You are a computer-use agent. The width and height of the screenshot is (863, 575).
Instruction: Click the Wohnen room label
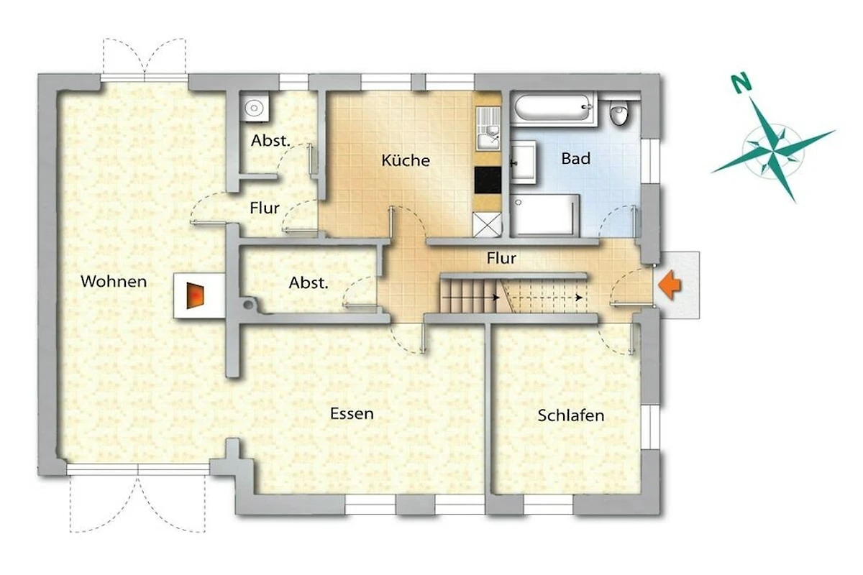click(114, 282)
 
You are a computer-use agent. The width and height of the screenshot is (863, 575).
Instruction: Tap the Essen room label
click(352, 413)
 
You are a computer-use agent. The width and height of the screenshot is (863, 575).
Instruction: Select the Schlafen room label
click(570, 415)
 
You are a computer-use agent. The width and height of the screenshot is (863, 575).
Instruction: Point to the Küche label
click(406, 160)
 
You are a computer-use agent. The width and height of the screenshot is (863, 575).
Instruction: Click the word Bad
click(575, 158)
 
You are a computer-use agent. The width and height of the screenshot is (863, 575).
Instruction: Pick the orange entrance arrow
click(670, 285)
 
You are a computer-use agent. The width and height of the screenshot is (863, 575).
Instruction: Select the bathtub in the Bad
click(553, 108)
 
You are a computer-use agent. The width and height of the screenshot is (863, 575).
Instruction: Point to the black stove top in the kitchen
click(488, 180)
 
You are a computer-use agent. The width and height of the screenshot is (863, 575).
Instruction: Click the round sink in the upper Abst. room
click(255, 107)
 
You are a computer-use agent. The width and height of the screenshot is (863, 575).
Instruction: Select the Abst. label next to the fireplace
click(309, 283)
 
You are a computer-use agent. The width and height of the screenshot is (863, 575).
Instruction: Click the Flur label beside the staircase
click(501, 258)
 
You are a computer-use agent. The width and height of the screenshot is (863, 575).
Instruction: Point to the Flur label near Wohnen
click(265, 208)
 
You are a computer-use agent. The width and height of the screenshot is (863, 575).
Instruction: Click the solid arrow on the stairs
click(470, 298)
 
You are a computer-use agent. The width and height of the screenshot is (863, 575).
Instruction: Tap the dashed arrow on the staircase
click(543, 298)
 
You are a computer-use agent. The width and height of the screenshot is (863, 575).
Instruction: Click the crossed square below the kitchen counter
click(487, 224)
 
